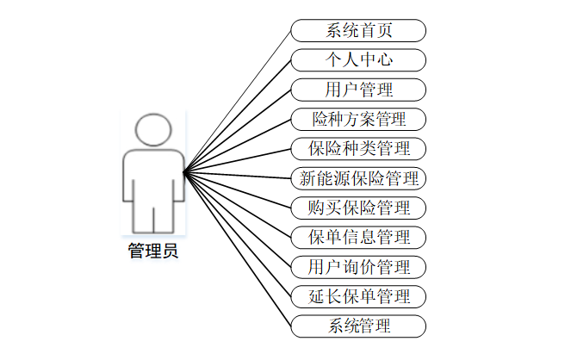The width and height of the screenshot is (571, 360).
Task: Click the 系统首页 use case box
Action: pyautogui.click(x=359, y=31)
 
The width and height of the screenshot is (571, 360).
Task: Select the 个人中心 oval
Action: pyautogui.click(x=359, y=60)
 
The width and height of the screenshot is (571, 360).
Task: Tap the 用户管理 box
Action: pyautogui.click(x=359, y=90)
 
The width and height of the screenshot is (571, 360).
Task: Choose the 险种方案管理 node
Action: pyautogui.click(x=359, y=119)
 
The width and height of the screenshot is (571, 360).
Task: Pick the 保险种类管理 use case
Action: pyautogui.click(x=359, y=148)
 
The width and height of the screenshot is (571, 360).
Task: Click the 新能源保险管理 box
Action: pyautogui.click(x=359, y=179)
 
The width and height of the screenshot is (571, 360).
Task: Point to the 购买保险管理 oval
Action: pyautogui.click(x=359, y=208)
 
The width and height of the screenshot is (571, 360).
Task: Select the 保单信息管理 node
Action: pyautogui.click(x=359, y=237)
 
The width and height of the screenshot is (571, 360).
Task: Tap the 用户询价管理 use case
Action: pyautogui.click(x=359, y=267)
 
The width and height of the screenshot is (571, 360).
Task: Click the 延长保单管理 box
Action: pyautogui.click(x=359, y=297)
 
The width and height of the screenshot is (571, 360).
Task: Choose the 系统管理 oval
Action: pyautogui.click(x=359, y=326)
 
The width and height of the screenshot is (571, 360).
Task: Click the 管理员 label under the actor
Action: pyautogui.click(x=154, y=251)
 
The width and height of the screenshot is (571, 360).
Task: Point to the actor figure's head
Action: pyautogui.click(x=154, y=130)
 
